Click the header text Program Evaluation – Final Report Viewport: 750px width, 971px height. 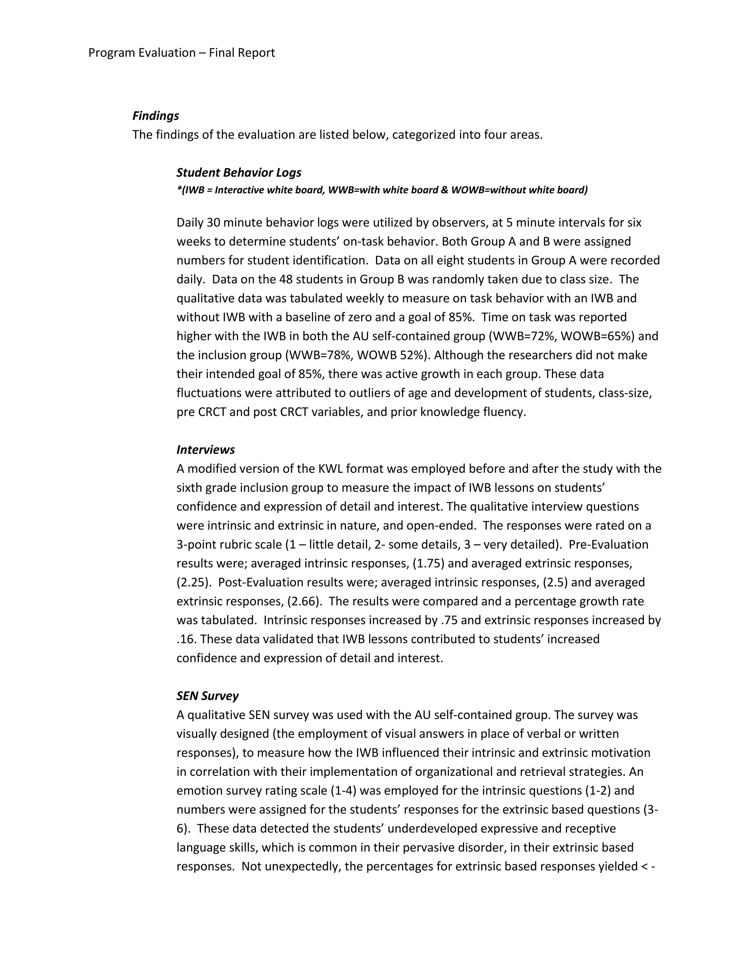(x=181, y=53)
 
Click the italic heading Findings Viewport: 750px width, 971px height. (x=156, y=116)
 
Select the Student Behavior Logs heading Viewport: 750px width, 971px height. (x=239, y=173)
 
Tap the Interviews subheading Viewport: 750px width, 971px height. (x=205, y=450)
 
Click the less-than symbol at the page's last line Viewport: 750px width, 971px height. (x=645, y=867)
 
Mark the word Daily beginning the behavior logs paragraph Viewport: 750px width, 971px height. (x=190, y=223)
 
